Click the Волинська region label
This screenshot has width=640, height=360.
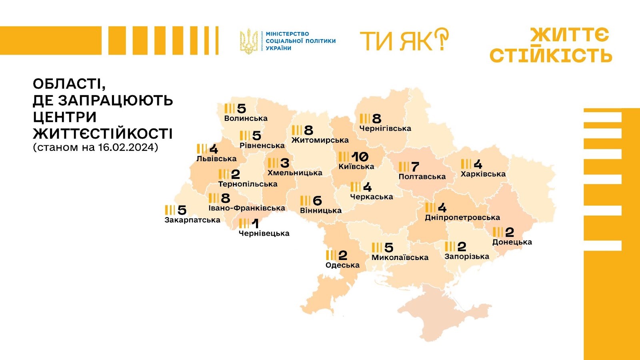pos(246,118)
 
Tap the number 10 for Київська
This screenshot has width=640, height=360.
pos(360,156)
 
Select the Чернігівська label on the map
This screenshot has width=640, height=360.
pos(385,128)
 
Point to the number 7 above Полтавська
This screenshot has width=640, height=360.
pos(415,166)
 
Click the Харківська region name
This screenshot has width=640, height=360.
pos(483,174)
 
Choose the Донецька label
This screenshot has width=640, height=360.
pos(512,242)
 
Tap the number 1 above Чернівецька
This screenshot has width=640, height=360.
pos(255,223)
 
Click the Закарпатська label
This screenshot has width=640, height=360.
pos(192,220)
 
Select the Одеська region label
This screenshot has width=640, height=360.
pos(342,265)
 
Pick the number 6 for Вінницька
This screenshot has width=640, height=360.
pos(318,200)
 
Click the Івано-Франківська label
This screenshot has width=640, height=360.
pos(247,208)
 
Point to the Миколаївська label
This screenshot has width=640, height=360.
pos(400,258)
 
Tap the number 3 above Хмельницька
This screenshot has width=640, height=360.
pos(285,163)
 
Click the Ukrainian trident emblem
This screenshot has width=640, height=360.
pos(248,41)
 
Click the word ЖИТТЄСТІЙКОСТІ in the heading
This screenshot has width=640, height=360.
pos(103,134)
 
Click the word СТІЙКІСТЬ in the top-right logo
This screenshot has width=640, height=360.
pos(551,55)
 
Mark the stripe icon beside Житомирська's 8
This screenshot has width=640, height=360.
pos(297,130)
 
